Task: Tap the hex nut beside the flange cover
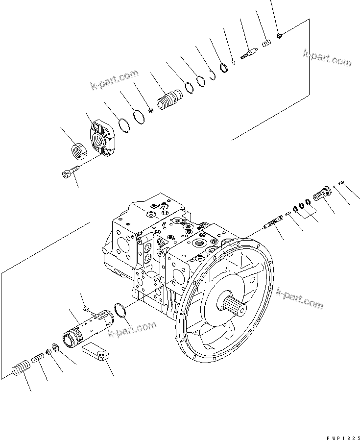pos(78,149)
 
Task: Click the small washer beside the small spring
pos(53,350)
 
